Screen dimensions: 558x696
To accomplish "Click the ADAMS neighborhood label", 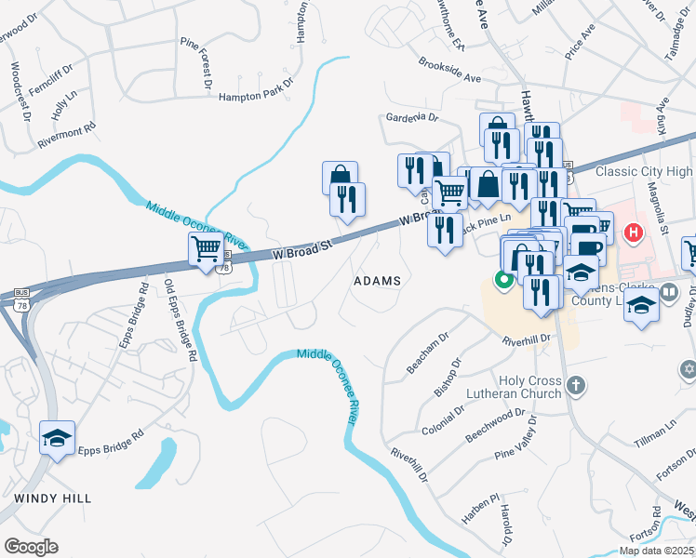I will tap(378, 280).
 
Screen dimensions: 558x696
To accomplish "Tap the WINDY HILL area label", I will tap(53, 498).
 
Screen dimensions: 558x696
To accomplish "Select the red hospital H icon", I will tap(635, 232).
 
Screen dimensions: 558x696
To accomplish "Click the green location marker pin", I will tap(504, 279).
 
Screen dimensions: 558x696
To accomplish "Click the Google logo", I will tap(31, 547).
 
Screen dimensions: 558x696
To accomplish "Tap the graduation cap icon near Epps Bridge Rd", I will tap(57, 437).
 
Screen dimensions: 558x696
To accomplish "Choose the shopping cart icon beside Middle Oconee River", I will tap(205, 249).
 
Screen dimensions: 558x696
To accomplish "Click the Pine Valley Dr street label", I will tap(517, 438).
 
